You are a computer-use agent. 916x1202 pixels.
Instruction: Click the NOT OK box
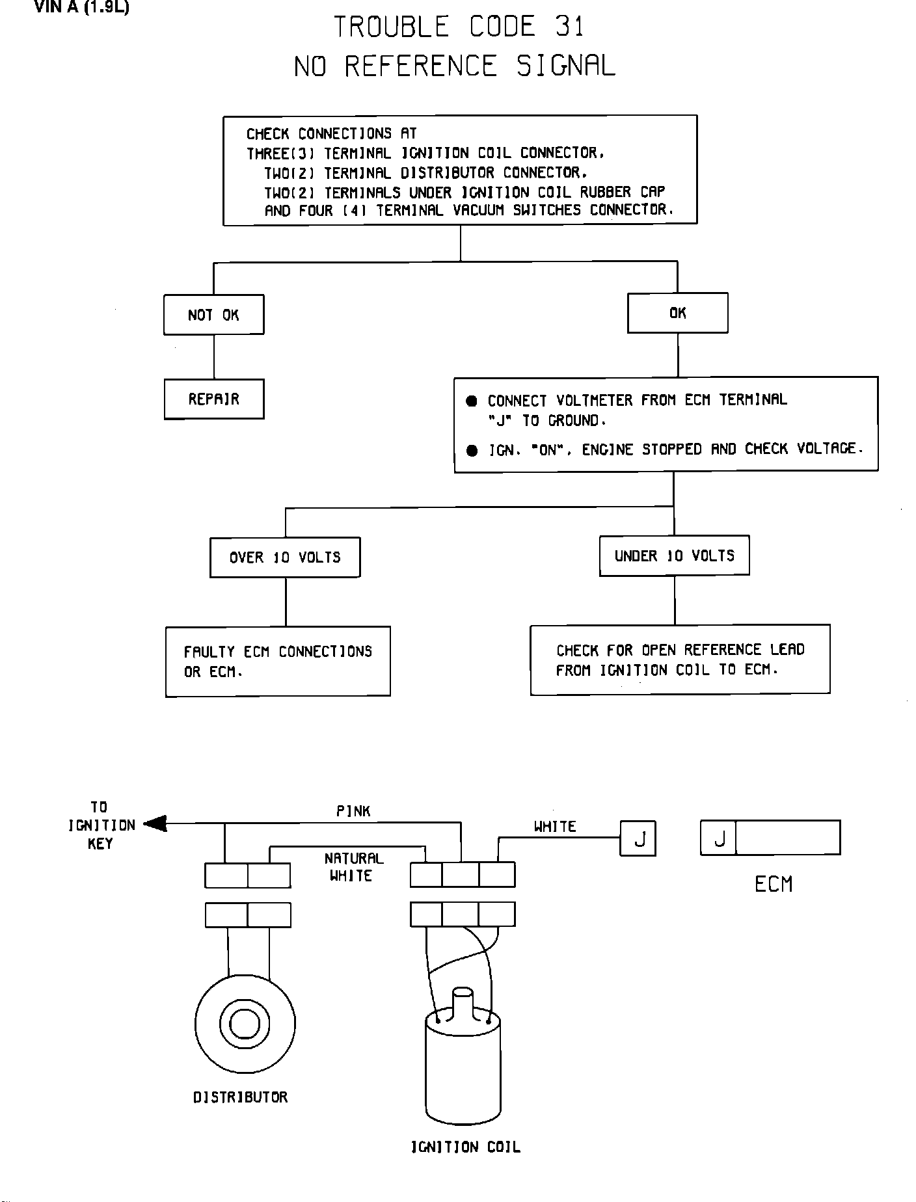(214, 315)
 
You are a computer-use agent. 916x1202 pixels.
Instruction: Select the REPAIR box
(214, 399)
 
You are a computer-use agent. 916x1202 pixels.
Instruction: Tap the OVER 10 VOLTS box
(285, 557)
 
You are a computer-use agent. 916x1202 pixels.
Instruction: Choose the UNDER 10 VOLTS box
(674, 555)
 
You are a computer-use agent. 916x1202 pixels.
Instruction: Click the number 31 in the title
(570, 27)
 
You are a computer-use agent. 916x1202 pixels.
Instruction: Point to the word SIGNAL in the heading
(565, 66)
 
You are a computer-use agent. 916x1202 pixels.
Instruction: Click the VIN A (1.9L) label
(81, 8)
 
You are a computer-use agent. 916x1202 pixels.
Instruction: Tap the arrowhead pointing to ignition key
(155, 824)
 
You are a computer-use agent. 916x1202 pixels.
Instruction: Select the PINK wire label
(353, 811)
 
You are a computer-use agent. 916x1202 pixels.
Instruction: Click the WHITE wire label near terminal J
(555, 827)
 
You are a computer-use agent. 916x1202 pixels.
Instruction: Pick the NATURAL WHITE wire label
(354, 867)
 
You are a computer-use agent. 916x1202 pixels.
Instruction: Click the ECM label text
(774, 884)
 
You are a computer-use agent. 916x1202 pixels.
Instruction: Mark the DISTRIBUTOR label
(240, 1097)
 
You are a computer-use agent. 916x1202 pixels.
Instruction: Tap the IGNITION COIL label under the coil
(466, 1147)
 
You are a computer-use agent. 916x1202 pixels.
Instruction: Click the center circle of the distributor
(245, 1024)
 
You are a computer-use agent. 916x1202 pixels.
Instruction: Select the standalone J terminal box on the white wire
(638, 838)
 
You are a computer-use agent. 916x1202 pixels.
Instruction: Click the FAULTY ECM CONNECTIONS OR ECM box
(278, 661)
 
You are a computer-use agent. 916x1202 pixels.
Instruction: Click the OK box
(678, 313)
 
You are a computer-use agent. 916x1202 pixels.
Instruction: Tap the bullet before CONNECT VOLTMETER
(472, 401)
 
